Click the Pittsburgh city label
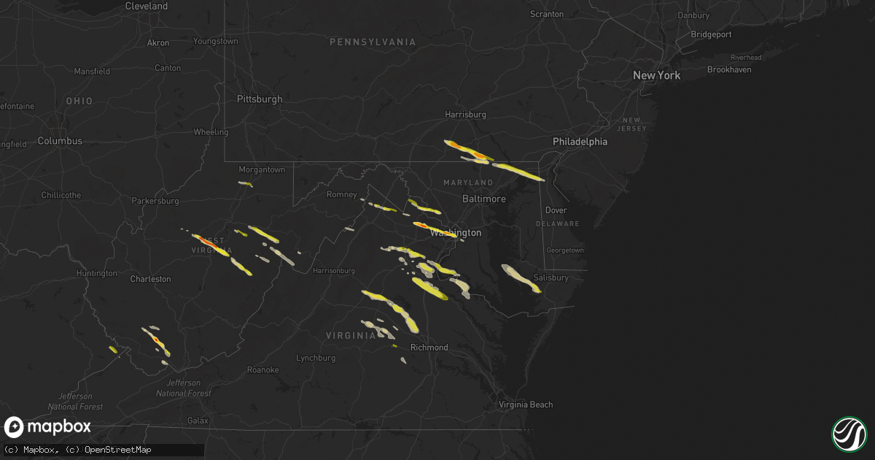click(259, 99)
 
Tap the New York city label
click(656, 75)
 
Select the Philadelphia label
click(580, 142)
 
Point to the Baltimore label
click(484, 199)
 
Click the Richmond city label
click(429, 348)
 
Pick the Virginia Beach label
click(525, 405)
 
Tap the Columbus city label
click(60, 141)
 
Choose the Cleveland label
click(147, 6)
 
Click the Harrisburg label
click(465, 115)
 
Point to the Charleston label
click(150, 279)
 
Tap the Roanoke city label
click(262, 370)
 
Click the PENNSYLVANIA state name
click(373, 42)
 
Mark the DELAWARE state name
click(558, 224)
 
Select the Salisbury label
click(551, 278)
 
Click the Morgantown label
click(262, 170)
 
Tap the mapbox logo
click(47, 427)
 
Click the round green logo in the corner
click(849, 434)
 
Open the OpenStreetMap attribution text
click(118, 450)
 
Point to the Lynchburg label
click(315, 359)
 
